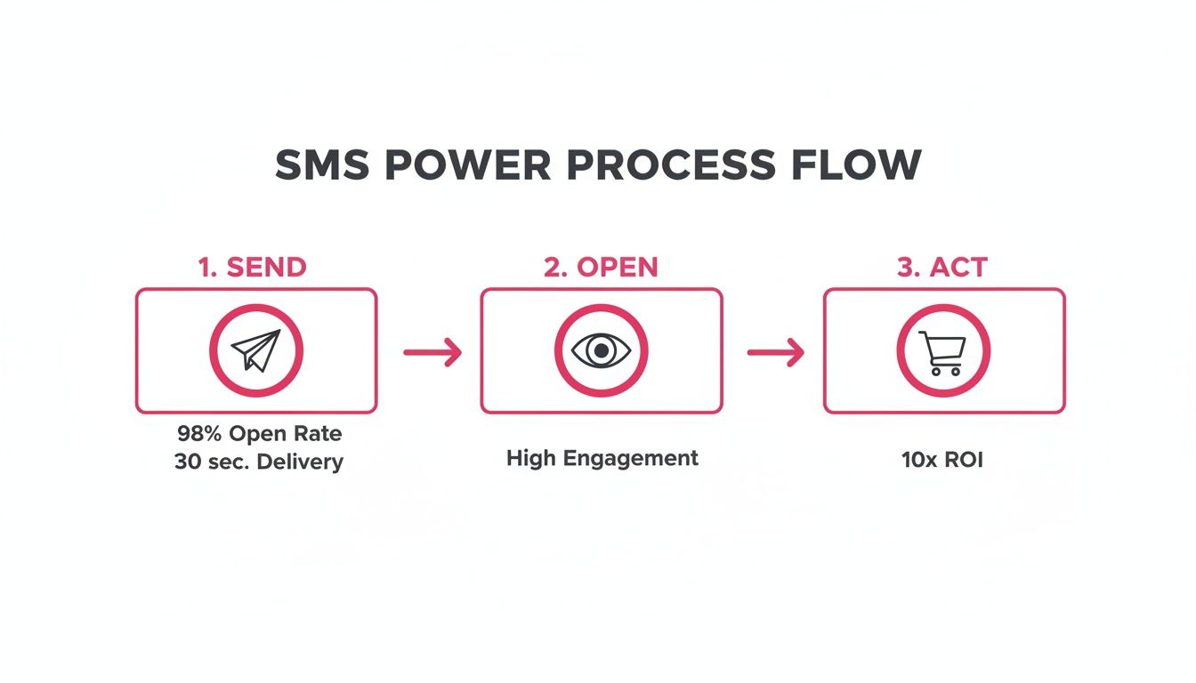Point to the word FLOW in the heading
pyautogui.click(x=858, y=166)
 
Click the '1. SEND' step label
pyautogui.click(x=253, y=268)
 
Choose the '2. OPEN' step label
pyautogui.click(x=602, y=268)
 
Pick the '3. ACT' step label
pyautogui.click(x=943, y=268)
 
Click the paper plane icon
pyautogui.click(x=256, y=350)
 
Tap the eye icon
pyautogui.click(x=602, y=350)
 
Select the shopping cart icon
pyautogui.click(x=942, y=352)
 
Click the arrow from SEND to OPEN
pyautogui.click(x=432, y=352)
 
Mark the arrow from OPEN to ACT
pyautogui.click(x=775, y=352)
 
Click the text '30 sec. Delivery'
pyautogui.click(x=258, y=462)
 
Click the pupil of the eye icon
pyautogui.click(x=602, y=350)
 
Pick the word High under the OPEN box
pyautogui.click(x=532, y=458)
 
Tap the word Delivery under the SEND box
pyautogui.click(x=299, y=462)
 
